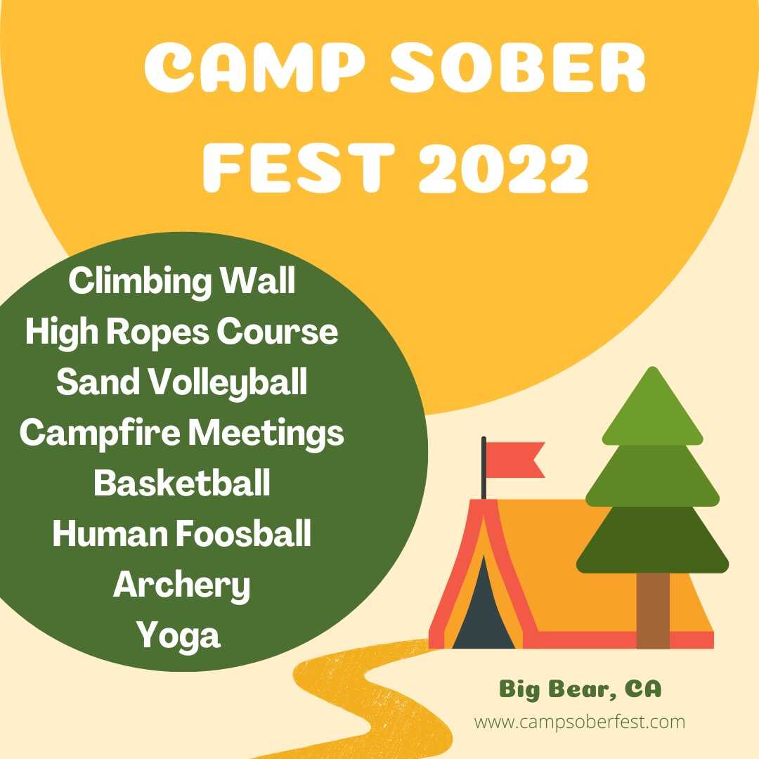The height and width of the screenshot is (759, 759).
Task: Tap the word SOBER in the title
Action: [517, 67]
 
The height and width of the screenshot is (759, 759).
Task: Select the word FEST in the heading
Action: [299, 167]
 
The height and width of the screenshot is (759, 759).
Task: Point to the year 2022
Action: [503, 167]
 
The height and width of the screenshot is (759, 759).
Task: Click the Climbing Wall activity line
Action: [181, 280]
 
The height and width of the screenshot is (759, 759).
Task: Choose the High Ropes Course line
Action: [181, 332]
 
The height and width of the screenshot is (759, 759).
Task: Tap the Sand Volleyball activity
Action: [181, 382]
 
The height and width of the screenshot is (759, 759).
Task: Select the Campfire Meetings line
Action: [181, 433]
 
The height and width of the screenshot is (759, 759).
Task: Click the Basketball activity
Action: [181, 483]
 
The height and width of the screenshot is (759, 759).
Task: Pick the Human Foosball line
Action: [181, 533]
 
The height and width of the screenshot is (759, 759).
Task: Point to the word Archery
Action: [181, 585]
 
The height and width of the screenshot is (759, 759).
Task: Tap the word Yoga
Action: [179, 636]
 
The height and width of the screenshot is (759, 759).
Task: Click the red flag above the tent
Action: [516, 460]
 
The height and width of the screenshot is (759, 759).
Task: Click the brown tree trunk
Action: [653, 611]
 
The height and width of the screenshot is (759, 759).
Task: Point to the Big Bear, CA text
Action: [580, 689]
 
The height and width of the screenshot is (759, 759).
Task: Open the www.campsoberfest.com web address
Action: [580, 722]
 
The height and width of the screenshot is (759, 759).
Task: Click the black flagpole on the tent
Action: [484, 467]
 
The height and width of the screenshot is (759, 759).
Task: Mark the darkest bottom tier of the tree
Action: [652, 540]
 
